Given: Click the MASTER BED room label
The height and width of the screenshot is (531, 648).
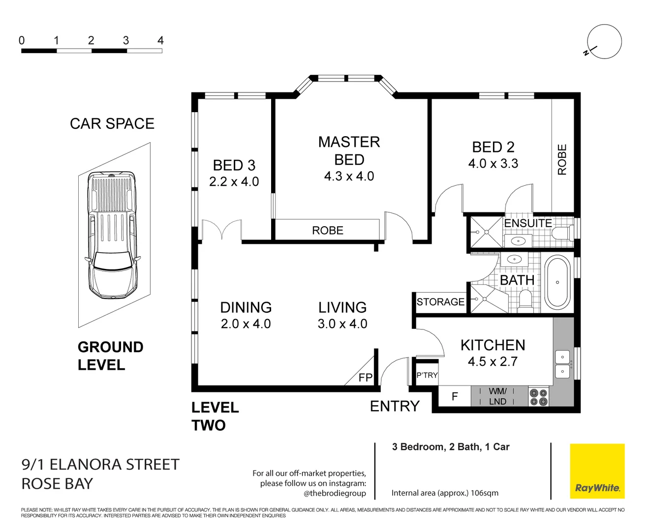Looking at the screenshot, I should click(x=349, y=150).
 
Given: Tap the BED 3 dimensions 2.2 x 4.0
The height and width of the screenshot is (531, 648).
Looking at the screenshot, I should click(x=234, y=181).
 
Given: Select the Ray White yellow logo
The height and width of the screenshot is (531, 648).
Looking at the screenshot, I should click(x=597, y=471).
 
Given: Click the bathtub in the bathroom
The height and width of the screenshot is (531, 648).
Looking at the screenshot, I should click(x=557, y=282).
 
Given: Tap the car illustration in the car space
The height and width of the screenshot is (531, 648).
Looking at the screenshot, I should click(x=112, y=235).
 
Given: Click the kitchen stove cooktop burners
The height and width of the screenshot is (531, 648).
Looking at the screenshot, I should click(x=538, y=397).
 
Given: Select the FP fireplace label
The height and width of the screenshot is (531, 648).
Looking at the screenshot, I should click(x=366, y=378).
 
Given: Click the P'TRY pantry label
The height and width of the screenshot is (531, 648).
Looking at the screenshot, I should click(x=427, y=375).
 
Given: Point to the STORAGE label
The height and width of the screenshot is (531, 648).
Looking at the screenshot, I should click(x=440, y=302).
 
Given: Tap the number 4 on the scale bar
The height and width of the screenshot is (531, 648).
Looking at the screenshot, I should click(x=160, y=40).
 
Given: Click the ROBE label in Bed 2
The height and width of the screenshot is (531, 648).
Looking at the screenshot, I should click(x=562, y=159).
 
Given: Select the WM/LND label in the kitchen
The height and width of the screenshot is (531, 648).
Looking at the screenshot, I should click(x=497, y=396).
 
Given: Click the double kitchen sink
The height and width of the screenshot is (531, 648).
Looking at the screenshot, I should click(x=563, y=364).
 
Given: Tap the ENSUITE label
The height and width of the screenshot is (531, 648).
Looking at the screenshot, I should click(x=528, y=223).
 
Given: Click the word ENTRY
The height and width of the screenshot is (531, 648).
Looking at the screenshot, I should click(x=395, y=406).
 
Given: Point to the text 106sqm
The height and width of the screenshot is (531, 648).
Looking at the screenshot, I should click(x=485, y=493).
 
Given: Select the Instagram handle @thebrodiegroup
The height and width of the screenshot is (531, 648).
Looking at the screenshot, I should click(x=335, y=493).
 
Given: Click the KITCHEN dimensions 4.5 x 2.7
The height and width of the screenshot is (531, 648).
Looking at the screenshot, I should click(x=493, y=361).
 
